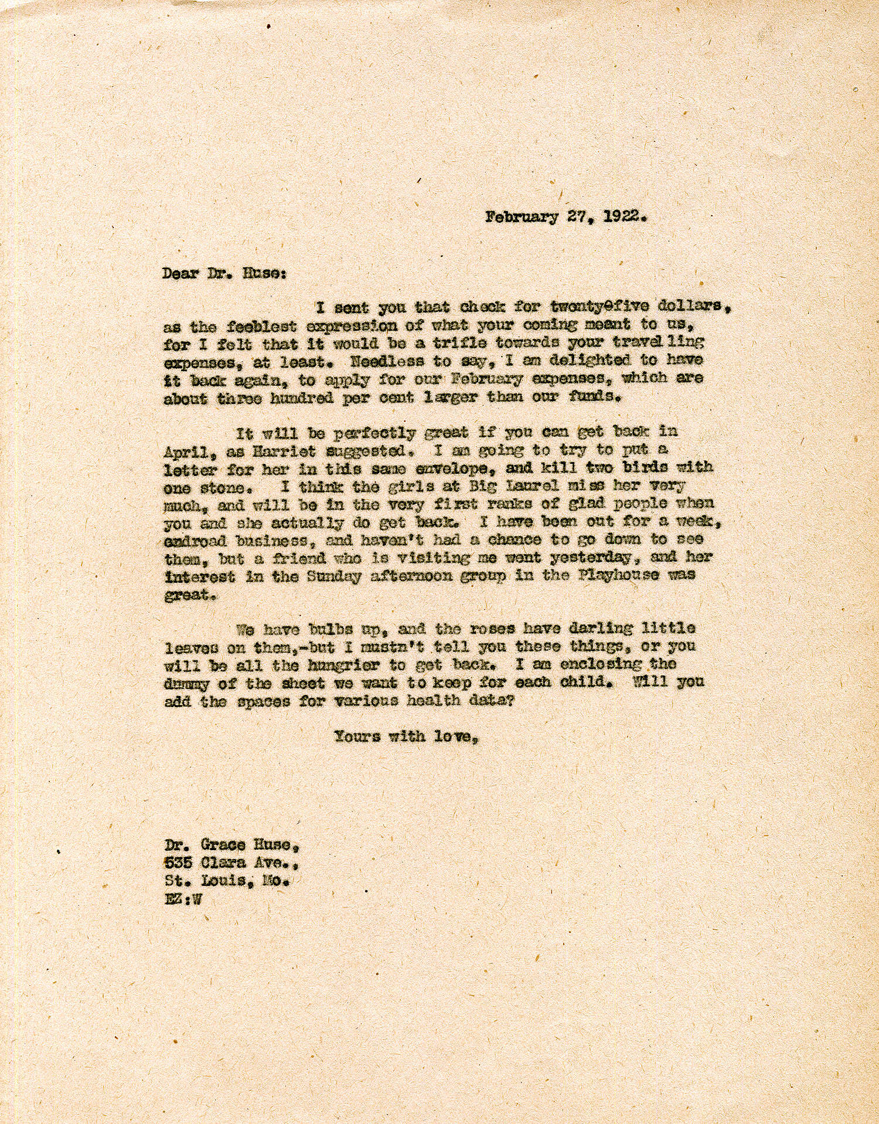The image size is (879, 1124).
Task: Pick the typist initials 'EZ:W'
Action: coord(183,900)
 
